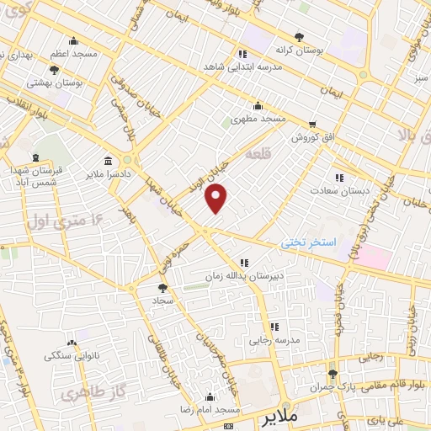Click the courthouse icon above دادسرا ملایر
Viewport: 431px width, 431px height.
pyautogui.click(x=108, y=162)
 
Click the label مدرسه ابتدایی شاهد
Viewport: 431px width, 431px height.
pyautogui.click(x=237, y=66)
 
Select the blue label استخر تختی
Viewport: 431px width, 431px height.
pyautogui.click(x=309, y=242)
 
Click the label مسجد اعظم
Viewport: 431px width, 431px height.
pyautogui.click(x=72, y=52)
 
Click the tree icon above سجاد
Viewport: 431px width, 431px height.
pyautogui.click(x=162, y=287)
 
